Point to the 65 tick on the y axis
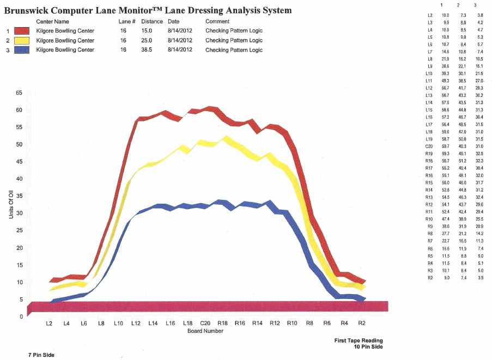[x=20, y=93]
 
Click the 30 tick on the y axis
[x=20, y=213]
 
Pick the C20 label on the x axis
[x=205, y=323]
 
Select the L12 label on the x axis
[x=136, y=323]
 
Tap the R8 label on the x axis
[x=309, y=323]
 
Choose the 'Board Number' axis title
[x=205, y=330]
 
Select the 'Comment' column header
[x=217, y=21]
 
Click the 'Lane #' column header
[x=126, y=21]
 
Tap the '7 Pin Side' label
[x=41, y=355]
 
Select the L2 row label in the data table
[x=430, y=15]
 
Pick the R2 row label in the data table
[x=430, y=278]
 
